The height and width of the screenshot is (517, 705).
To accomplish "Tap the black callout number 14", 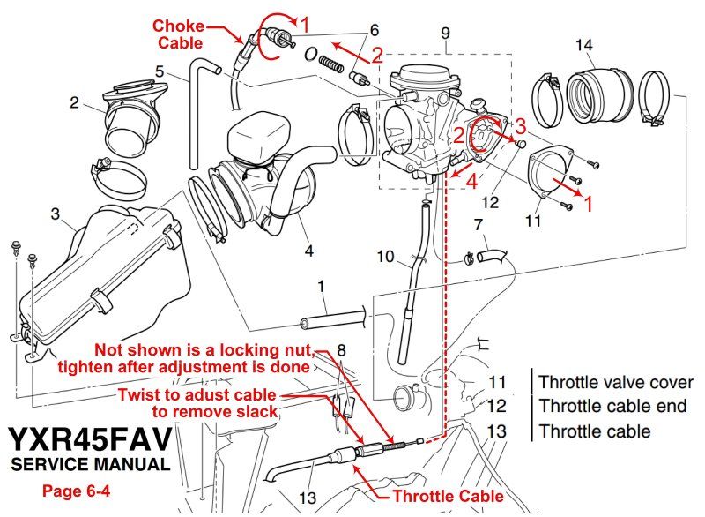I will click(x=583, y=44).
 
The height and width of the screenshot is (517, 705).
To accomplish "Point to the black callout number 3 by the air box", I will click(x=55, y=214).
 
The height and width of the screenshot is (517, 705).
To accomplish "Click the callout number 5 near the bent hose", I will click(x=160, y=70).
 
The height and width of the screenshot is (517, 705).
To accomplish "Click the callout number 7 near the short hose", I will click(x=479, y=225).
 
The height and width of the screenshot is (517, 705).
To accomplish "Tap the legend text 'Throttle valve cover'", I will click(x=615, y=383).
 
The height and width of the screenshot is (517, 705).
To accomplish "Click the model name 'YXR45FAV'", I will click(x=90, y=440).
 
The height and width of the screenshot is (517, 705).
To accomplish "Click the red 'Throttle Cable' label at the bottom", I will click(x=448, y=496).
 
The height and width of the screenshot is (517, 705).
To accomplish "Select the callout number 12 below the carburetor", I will click(x=490, y=203).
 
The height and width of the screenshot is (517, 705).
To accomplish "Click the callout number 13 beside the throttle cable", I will click(x=306, y=498).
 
